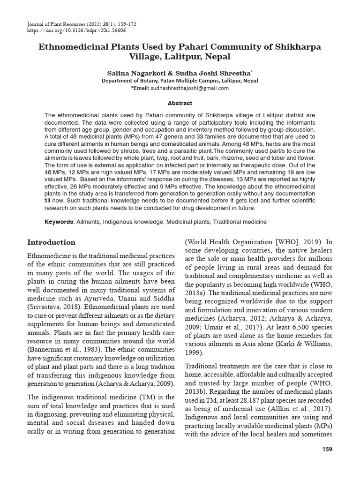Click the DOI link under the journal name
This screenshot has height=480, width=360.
(x=77, y=30)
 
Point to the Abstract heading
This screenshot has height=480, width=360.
(x=180, y=103)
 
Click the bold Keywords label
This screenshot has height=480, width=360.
(x=59, y=222)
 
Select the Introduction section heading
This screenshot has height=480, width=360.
(x=51, y=242)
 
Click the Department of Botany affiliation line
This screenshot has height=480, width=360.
(x=180, y=81)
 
